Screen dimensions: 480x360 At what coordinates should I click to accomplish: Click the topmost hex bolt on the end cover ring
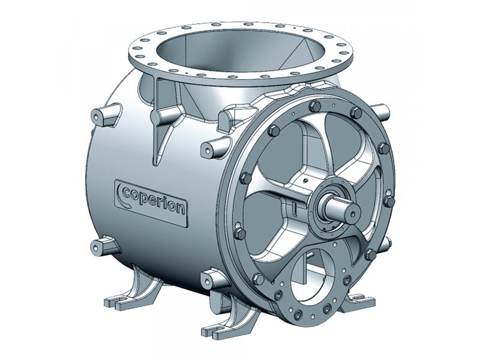314,106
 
